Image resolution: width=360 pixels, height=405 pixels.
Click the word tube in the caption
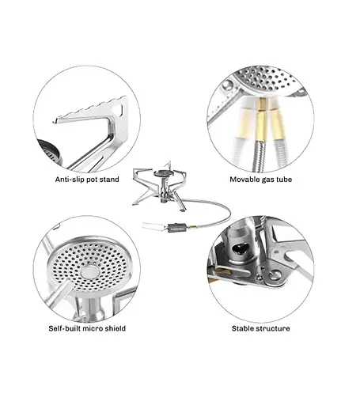284,180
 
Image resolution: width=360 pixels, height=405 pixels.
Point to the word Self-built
64,328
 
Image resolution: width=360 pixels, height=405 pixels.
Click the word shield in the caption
116,328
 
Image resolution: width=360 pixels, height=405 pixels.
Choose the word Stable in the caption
242,328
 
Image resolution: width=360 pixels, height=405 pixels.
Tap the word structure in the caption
272,328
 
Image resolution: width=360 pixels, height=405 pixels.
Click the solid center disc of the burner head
89,272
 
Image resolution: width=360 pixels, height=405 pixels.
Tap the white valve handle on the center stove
153,227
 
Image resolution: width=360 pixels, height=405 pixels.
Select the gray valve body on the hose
177,227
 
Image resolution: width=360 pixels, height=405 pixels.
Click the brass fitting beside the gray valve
192,227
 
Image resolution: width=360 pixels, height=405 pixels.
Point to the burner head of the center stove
161,173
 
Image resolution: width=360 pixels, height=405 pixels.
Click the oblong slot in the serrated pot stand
123,108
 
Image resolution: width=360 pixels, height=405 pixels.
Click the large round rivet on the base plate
275,275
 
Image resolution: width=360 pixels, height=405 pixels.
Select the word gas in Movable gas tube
267,180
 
